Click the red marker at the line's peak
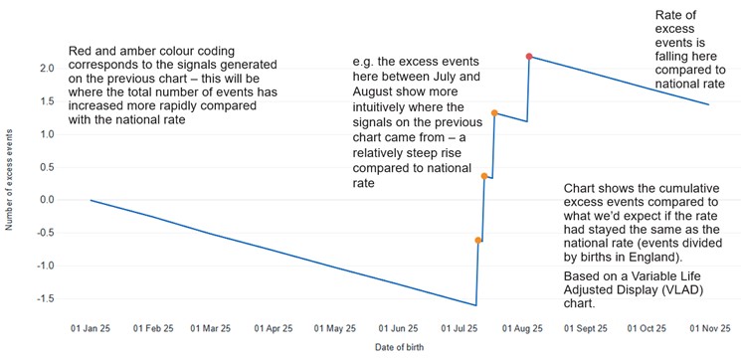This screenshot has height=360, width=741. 530,56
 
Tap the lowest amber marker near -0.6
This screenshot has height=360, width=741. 478,241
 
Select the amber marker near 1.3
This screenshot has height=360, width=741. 494,113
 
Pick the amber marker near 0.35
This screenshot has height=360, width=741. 484,176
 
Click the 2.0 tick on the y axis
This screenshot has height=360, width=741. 46,69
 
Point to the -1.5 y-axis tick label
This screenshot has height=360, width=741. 44,298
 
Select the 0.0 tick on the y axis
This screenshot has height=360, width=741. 46,200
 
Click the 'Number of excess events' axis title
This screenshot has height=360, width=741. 9,179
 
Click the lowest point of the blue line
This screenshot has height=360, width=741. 475,305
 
